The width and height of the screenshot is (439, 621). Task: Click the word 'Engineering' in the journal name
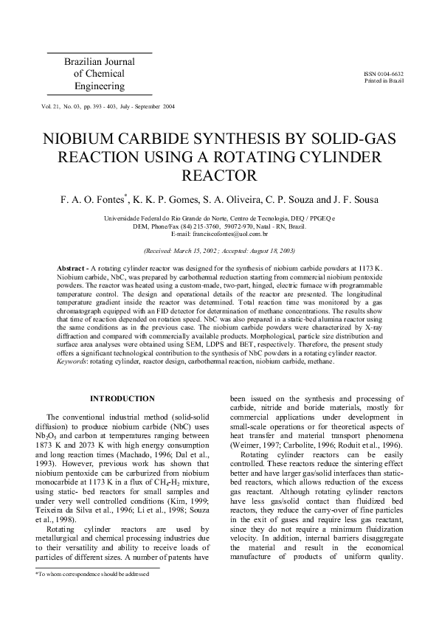click(100, 86)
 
